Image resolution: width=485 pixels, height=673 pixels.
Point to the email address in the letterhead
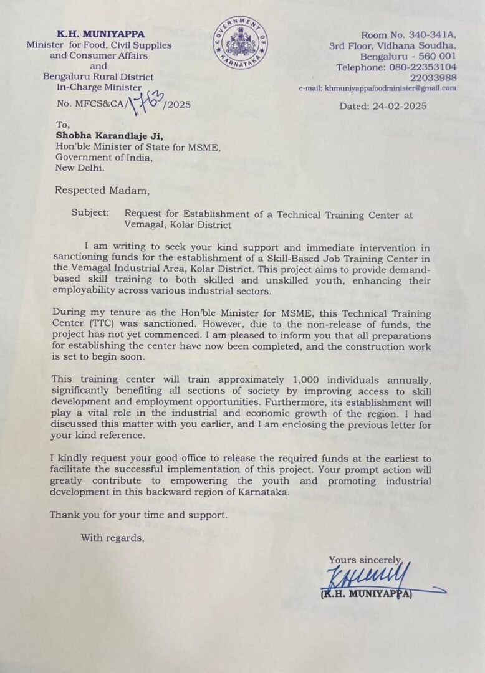point(390,88)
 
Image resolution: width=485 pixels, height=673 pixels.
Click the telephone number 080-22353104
point(422,67)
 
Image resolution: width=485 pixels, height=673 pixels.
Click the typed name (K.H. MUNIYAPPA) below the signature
point(367,594)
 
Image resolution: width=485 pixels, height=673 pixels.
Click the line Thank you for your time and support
point(138,515)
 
